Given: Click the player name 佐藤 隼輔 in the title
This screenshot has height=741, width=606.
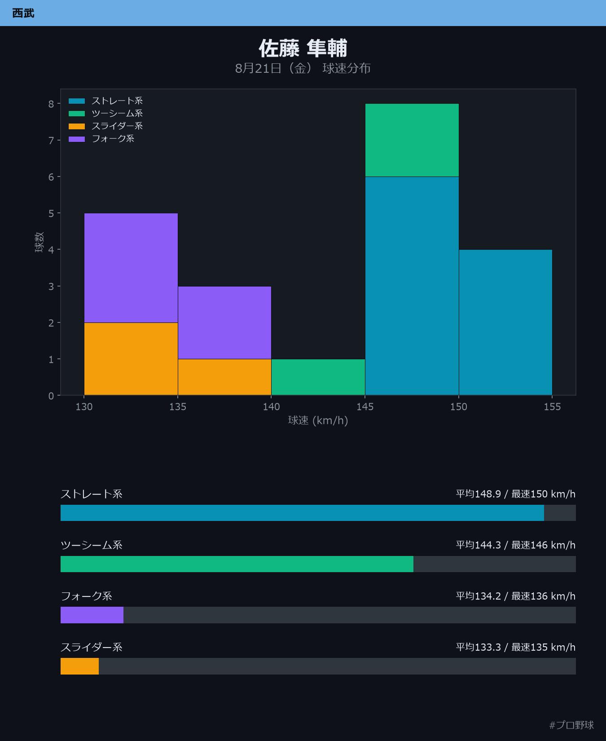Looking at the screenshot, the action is click(303, 48).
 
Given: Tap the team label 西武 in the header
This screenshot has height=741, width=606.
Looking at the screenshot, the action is click(23, 13).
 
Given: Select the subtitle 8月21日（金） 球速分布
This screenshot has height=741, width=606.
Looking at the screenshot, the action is click(303, 68).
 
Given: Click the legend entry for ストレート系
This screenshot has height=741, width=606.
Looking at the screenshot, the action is click(106, 101).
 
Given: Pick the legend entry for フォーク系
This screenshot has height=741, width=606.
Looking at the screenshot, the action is click(101, 138).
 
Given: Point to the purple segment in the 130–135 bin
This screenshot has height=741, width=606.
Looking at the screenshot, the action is click(131, 268).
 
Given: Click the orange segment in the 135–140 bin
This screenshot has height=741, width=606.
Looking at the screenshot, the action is click(224, 377).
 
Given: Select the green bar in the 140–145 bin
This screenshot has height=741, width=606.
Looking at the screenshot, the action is click(318, 377).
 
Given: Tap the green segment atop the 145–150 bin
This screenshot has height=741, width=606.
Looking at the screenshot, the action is click(412, 140).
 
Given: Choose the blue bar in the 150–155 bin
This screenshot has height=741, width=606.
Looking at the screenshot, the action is click(505, 322).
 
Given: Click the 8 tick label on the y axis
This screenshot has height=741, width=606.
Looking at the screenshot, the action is click(52, 104).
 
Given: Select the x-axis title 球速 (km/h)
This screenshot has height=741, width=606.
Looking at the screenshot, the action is click(318, 420).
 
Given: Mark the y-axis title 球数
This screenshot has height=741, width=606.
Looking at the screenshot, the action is click(40, 242).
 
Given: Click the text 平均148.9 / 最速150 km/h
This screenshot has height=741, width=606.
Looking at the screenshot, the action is click(516, 494).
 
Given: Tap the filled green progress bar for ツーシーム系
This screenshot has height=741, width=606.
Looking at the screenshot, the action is click(237, 564).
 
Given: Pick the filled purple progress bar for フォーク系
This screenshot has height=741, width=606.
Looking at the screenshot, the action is click(92, 615).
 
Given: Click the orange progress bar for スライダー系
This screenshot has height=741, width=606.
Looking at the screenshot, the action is click(79, 666).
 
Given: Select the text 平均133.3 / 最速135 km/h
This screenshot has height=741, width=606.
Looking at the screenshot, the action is click(516, 647).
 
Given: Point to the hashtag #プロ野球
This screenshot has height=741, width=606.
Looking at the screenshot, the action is click(571, 725).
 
